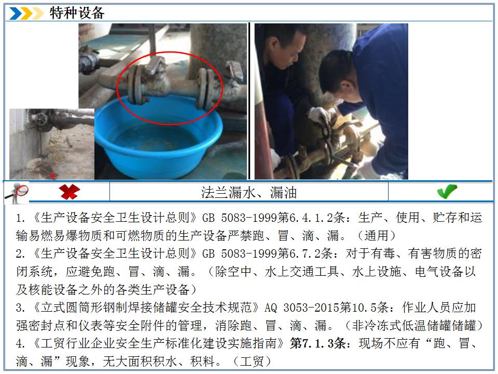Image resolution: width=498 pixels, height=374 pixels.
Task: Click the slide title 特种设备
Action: (77, 13)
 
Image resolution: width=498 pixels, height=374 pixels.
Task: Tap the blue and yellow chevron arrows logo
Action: (26, 14)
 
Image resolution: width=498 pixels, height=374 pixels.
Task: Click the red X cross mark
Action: (69, 192)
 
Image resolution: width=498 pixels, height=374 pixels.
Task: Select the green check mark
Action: (447, 192)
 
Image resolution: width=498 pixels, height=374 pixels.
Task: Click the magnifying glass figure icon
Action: (16, 193)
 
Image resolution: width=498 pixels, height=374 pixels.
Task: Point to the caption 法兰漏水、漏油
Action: (248, 193)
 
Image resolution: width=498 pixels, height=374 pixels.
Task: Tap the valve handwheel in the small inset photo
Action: (41, 119)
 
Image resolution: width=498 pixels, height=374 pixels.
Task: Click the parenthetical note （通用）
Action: (376, 236)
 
